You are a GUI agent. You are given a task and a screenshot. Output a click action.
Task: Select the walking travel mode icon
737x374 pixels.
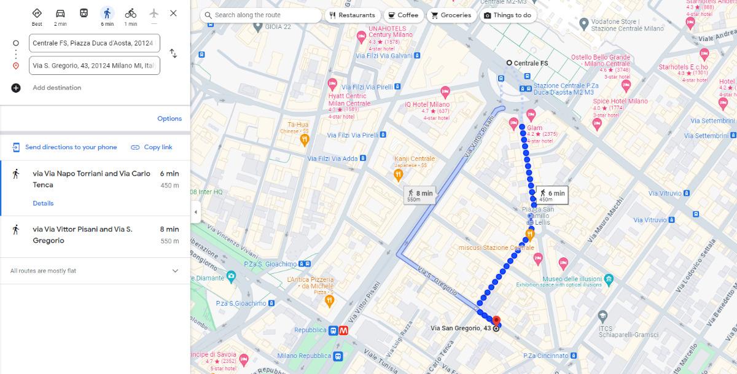coord(107,14)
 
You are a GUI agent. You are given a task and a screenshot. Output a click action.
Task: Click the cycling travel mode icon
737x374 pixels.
coord(130,14)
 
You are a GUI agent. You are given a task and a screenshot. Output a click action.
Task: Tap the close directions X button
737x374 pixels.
coord(173,13)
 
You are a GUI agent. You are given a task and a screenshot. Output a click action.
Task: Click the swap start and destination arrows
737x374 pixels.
coord(173,53)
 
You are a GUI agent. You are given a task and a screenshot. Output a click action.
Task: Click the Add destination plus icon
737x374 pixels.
coord(16,88)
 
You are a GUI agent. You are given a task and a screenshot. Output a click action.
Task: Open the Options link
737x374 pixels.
coord(170,119)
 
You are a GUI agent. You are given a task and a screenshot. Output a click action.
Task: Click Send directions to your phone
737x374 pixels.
coord(64,147)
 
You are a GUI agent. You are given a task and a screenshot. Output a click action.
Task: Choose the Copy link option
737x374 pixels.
coord(152,147)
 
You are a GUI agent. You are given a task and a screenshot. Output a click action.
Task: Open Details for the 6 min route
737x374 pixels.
coord(43,203)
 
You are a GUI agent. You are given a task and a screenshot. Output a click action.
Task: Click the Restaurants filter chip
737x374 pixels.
coord(352,15)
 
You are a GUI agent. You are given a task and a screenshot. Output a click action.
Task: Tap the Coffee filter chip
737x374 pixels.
coord(402,15)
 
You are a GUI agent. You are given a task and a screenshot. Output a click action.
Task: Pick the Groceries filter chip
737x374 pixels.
coord(451,15)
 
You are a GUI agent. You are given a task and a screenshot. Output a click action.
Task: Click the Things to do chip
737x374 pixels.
coord(507,15)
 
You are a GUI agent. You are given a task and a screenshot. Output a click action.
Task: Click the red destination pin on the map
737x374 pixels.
coord(496,321)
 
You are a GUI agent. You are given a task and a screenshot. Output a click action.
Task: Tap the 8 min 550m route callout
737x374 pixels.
coord(419,196)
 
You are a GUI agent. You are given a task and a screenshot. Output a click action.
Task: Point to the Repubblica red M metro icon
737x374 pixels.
coord(344,330)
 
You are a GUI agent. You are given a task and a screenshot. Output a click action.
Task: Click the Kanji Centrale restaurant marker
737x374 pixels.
coord(399,174)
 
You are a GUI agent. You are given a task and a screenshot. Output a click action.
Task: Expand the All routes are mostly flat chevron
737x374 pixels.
coord(175,271)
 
